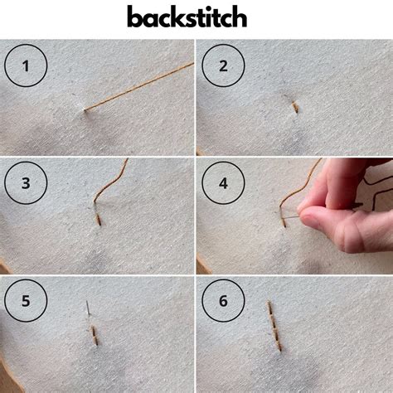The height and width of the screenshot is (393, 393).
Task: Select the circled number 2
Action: (222, 66)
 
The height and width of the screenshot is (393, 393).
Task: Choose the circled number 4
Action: (222, 184)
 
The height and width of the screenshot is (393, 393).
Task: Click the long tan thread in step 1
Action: (141, 85)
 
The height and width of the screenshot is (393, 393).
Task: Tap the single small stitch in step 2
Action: (294, 106)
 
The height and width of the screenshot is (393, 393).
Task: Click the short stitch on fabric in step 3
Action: (99, 218)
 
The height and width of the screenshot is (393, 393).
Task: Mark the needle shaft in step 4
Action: (292, 217)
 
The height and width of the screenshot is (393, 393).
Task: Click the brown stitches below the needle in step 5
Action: (95, 334)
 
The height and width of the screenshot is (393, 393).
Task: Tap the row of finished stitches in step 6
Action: (274, 325)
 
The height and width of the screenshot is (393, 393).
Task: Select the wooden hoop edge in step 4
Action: (201, 265)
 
